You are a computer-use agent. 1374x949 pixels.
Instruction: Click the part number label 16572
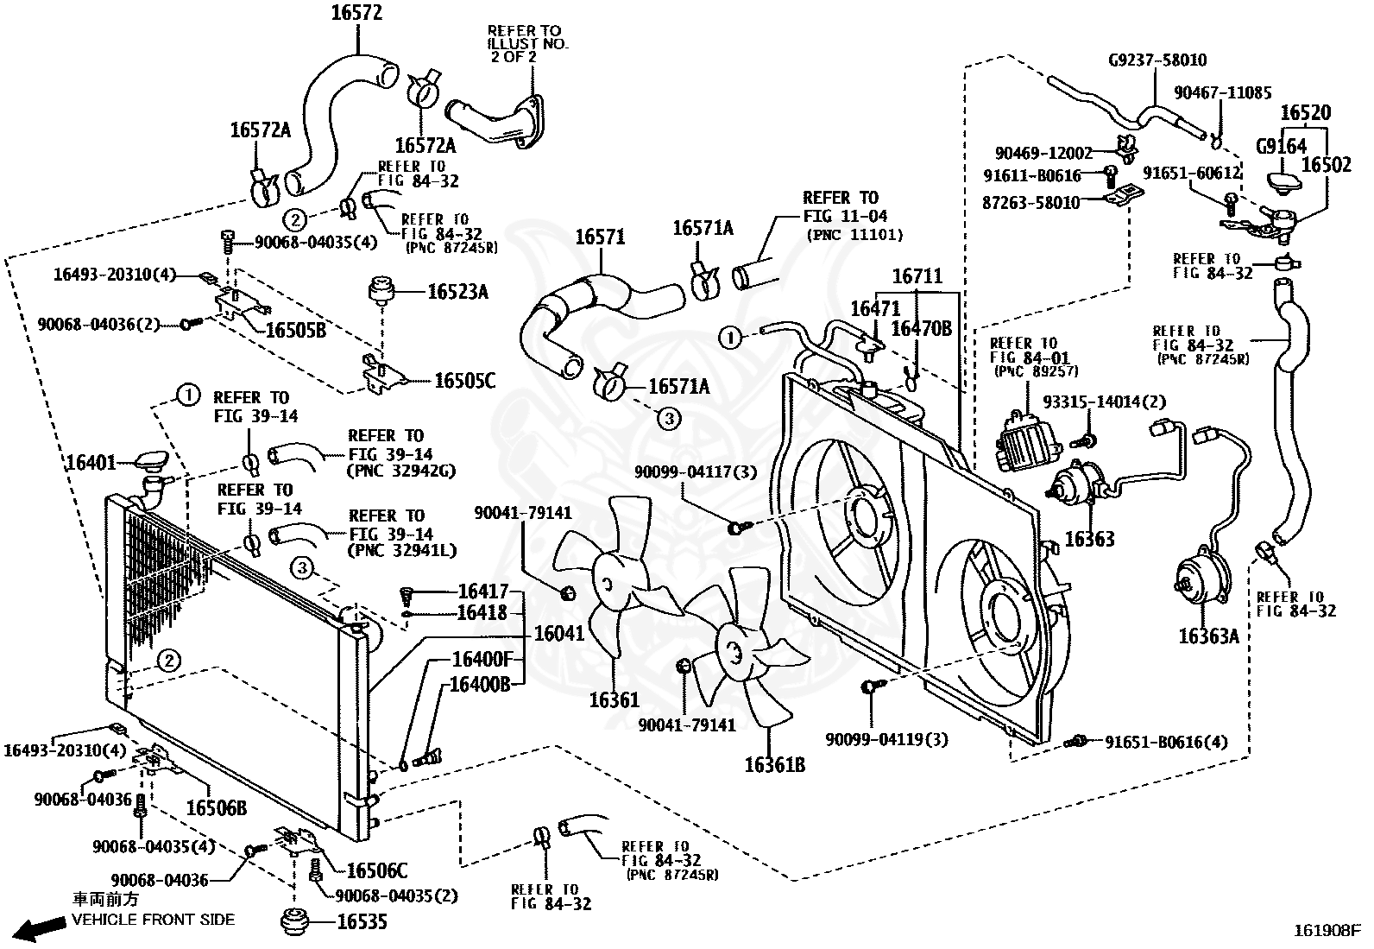click(356, 13)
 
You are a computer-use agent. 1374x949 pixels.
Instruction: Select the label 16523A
click(457, 292)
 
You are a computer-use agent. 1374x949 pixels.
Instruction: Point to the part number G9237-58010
click(1157, 60)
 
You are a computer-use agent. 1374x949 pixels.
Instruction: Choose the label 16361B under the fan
click(775, 765)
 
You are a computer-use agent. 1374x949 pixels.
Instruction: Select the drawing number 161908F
click(1327, 931)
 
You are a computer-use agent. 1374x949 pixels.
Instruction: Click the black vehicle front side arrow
click(40, 928)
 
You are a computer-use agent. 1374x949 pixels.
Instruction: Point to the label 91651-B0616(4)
click(1166, 742)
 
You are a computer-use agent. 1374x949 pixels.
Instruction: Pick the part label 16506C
click(376, 870)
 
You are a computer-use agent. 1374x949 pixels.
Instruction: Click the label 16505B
click(296, 331)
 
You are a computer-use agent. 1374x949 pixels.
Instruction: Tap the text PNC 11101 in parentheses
click(855, 235)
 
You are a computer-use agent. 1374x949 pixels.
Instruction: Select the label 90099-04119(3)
click(886, 739)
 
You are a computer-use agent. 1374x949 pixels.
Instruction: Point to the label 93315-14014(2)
click(1104, 402)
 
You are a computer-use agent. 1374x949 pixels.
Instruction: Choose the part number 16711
click(917, 276)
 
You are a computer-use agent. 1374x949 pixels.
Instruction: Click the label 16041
click(558, 634)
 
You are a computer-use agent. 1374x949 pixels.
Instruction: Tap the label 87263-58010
click(1030, 203)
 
